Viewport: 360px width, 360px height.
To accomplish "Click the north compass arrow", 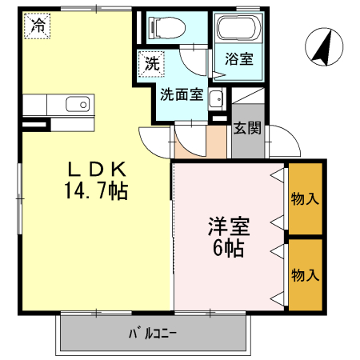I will click(322, 47).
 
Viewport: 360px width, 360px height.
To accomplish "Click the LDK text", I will click(96, 170).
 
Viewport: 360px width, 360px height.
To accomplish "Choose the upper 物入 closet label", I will click(306, 199).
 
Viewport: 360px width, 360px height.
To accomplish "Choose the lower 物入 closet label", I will click(306, 275).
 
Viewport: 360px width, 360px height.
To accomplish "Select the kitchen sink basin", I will click(78, 104).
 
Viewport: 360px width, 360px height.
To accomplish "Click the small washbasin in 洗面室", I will click(214, 99).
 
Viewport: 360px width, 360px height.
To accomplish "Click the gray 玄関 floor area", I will click(246, 142).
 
